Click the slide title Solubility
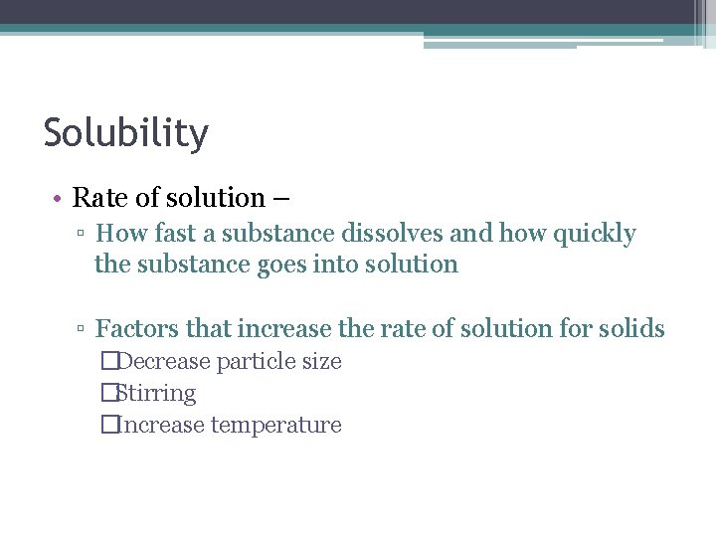click(126, 133)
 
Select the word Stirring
click(155, 394)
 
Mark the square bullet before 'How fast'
click(83, 235)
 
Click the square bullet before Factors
click(83, 329)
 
